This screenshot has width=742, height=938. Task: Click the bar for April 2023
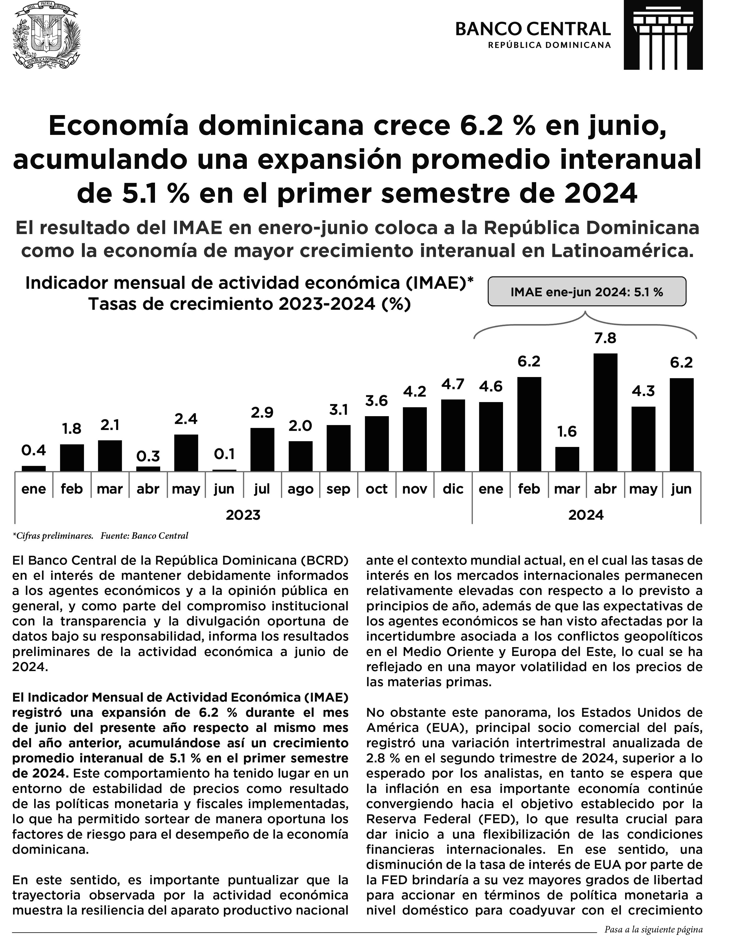[148, 469]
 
